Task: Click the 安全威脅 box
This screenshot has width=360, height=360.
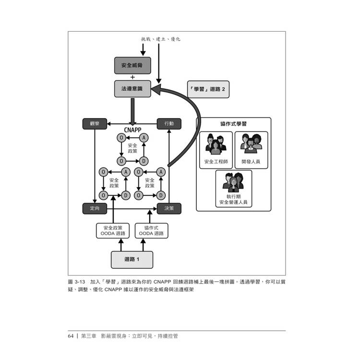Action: click(132, 66)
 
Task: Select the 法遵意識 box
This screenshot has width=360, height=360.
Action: click(132, 89)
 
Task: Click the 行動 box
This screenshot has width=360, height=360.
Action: click(169, 123)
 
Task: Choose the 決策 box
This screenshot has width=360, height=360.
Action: click(169, 208)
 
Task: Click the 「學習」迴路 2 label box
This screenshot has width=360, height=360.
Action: click(207, 89)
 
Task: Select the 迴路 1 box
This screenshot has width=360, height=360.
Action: click(132, 259)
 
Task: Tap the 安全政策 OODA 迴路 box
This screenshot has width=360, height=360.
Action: click(113, 230)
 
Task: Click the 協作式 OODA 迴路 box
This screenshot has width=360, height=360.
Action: click(151, 230)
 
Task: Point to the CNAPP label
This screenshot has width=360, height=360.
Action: click(132, 130)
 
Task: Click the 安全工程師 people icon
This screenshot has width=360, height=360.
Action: click(216, 144)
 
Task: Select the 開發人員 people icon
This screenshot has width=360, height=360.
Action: click(251, 144)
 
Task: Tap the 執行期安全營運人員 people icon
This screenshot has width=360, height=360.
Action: click(233, 182)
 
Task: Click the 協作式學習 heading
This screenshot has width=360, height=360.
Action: click(233, 124)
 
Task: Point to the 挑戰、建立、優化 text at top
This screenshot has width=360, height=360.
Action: click(160, 39)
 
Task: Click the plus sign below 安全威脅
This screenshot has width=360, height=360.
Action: click(132, 77)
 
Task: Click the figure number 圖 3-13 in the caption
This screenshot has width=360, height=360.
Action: click(76, 281)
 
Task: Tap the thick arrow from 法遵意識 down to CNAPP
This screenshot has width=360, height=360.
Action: click(132, 110)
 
